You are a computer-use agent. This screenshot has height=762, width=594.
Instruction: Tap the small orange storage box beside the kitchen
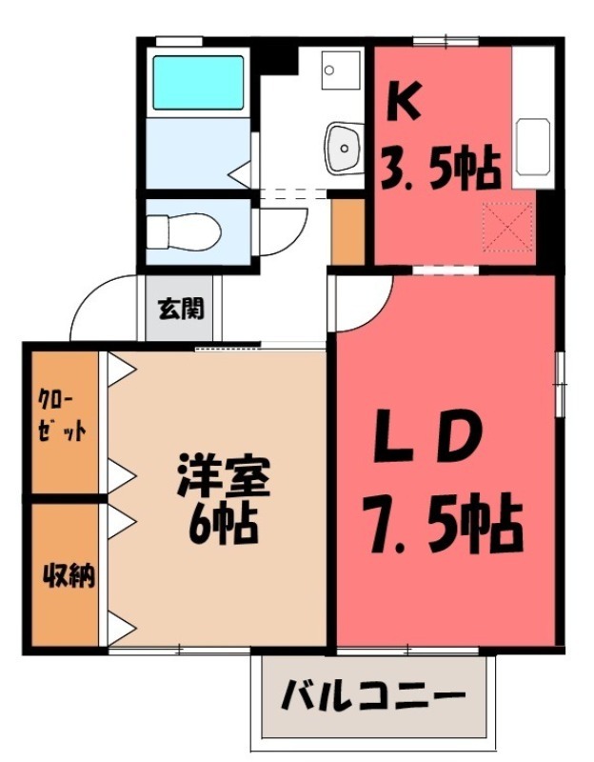347,231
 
